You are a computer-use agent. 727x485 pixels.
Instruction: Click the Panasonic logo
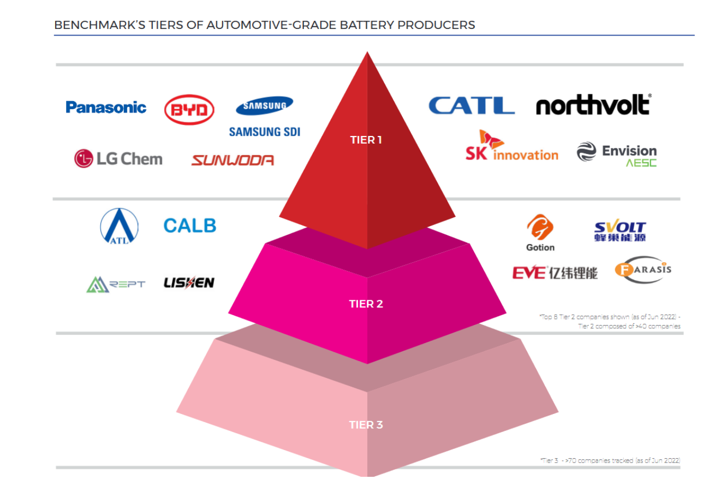(106, 107)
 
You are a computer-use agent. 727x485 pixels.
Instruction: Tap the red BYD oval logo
(189, 111)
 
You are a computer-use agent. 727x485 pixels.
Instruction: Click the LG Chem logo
(118, 159)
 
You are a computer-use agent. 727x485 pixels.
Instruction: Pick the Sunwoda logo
(233, 160)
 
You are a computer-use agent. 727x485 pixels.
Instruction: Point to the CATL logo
(472, 105)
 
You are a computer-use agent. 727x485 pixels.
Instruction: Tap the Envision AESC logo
(617, 153)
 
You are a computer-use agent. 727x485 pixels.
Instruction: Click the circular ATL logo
(119, 226)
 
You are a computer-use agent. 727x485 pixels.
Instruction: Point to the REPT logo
(116, 284)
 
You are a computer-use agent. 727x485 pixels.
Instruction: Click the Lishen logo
(189, 282)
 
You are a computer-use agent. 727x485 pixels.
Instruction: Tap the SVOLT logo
(619, 232)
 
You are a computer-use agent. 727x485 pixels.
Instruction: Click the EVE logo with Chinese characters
(555, 272)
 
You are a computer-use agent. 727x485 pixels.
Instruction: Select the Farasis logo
(643, 269)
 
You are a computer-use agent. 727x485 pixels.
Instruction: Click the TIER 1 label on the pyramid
(366, 140)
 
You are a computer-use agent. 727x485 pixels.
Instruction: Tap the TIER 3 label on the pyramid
(366, 425)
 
